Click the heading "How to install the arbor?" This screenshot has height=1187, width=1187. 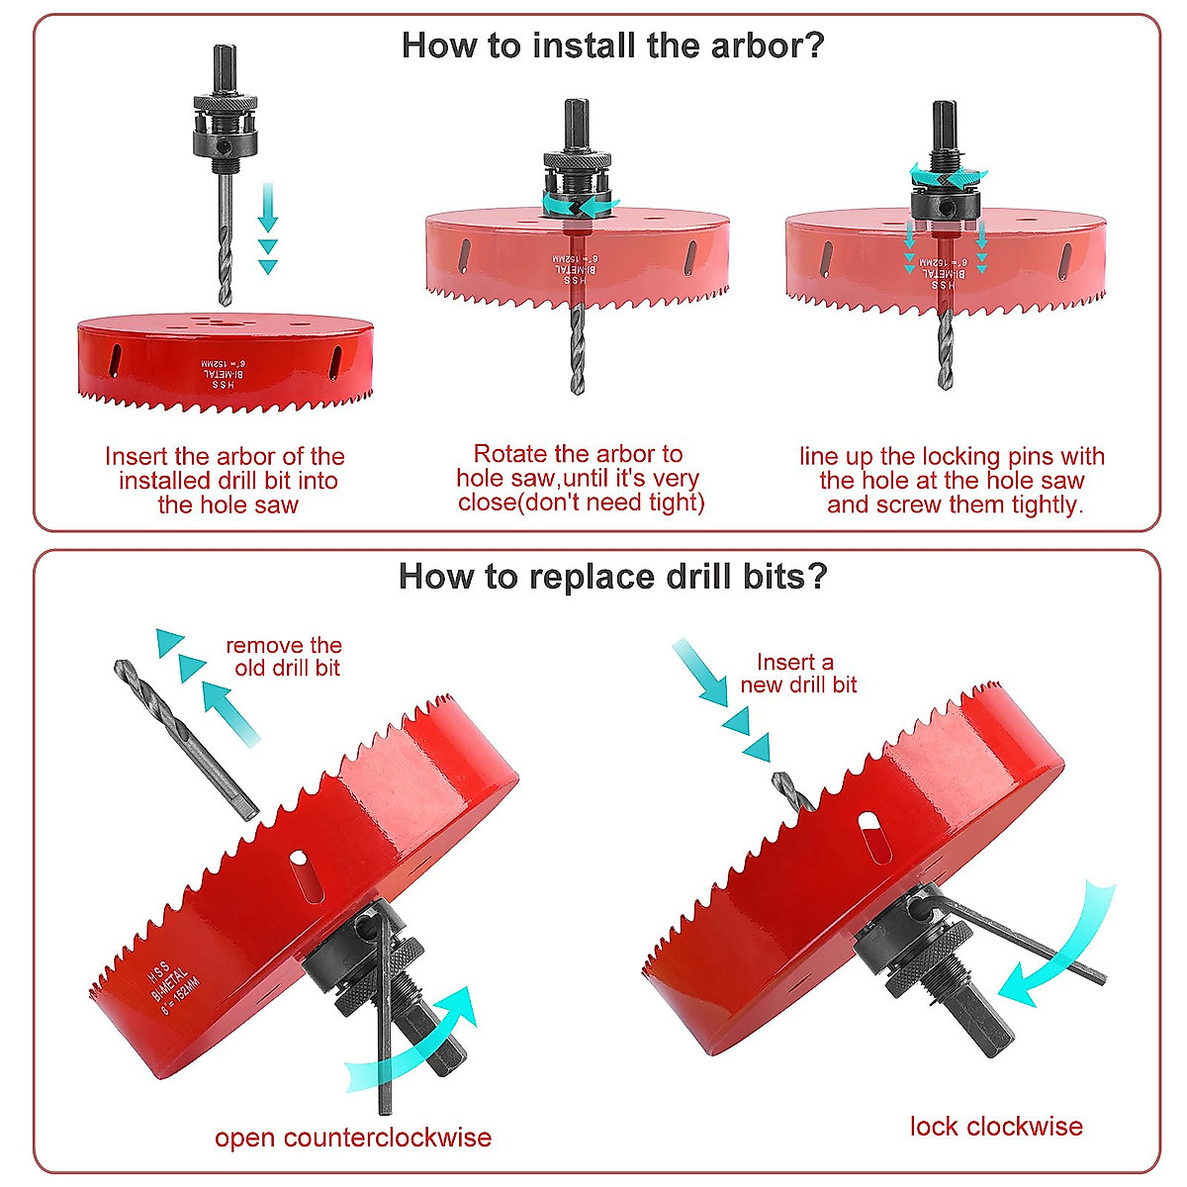tap(612, 46)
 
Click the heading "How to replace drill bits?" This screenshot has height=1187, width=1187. tap(612, 577)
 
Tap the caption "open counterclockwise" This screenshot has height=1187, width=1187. tap(353, 1138)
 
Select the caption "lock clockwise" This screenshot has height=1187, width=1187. tap(995, 1127)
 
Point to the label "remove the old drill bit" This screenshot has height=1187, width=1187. tap(285, 657)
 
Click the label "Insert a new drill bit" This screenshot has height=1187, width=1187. tap(797, 674)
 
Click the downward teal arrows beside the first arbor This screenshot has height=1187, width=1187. tap(267, 228)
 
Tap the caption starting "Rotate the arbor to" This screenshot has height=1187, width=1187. tap(580, 479)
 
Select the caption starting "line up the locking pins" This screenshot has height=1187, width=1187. tap(953, 481)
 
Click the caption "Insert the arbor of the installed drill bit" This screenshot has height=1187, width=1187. tap(227, 481)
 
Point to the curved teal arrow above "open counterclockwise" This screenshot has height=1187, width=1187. tap(415, 1049)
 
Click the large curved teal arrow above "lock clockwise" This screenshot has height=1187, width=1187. tap(1058, 950)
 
